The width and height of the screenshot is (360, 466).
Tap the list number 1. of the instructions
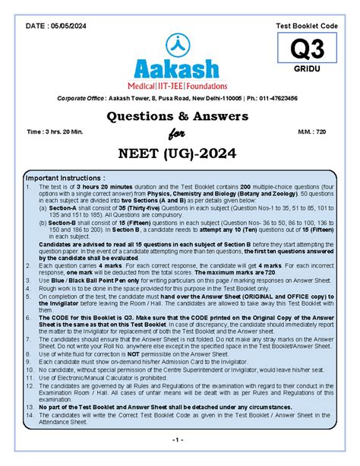pyautogui.click(x=29, y=186)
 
